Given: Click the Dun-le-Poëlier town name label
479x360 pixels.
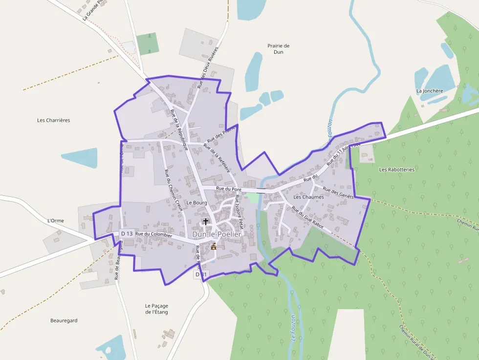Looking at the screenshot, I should coord(217,234).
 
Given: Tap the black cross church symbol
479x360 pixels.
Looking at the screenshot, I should coord(206,222).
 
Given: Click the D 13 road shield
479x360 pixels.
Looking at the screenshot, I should coord(127,234).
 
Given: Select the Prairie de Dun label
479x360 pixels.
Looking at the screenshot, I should coord(279,48).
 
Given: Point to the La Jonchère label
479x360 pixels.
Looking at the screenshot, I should coord(430,91).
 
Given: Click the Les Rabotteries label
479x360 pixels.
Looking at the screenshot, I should coord(396,169).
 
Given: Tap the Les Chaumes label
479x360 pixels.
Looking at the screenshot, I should coord(308,197).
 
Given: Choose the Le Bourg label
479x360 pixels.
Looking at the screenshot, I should coord(197,202).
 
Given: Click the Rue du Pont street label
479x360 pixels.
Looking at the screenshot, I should coord(229,189).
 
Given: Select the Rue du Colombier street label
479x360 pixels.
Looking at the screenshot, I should coord(154,234).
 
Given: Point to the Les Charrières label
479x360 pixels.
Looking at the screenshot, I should coord(54,120).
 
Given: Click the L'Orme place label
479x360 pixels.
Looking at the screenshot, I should coord(56,221).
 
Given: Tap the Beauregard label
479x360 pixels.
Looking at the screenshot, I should coord(64,320).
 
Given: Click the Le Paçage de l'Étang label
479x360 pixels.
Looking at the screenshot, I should coord(156,309).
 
